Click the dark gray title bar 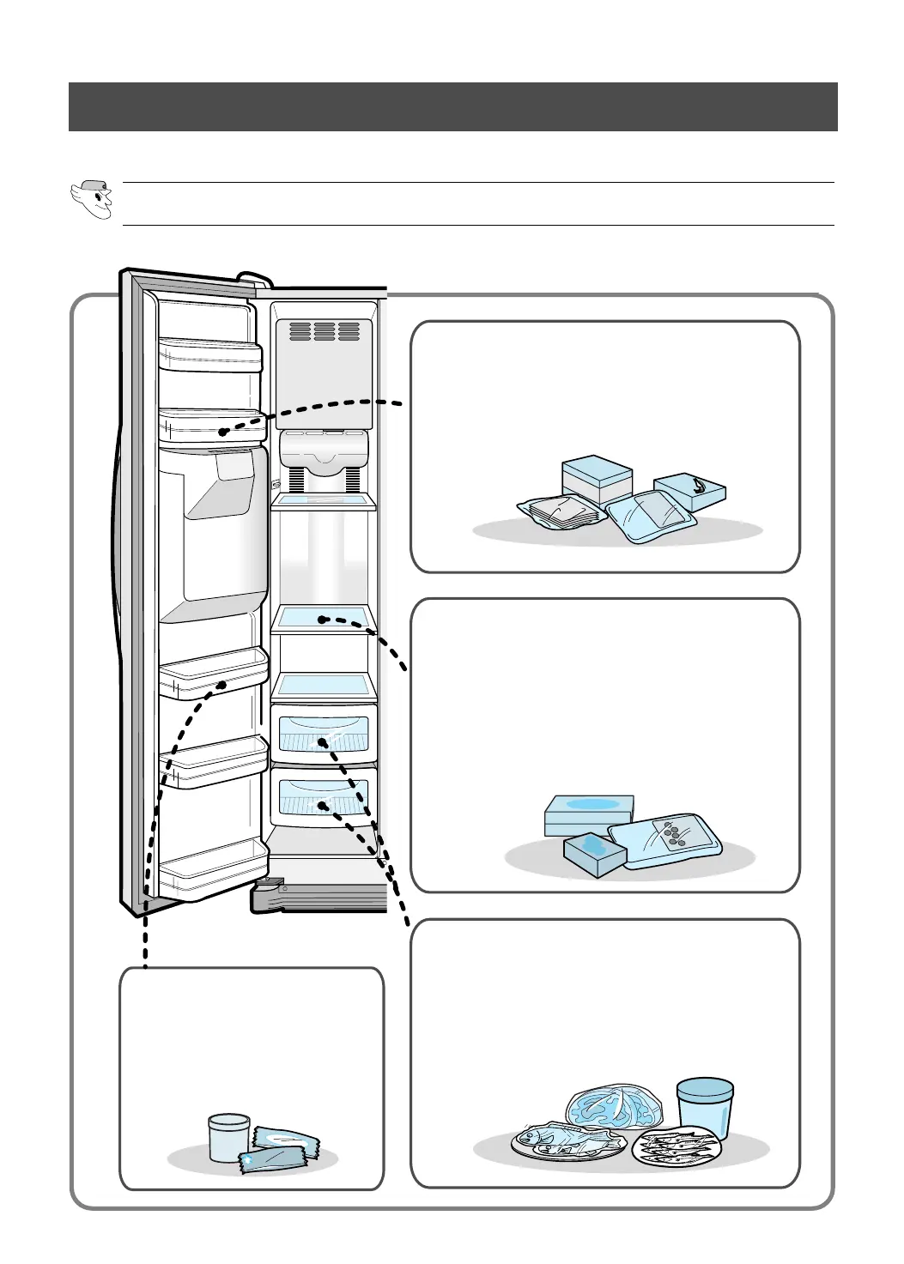(452, 106)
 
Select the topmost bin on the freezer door (209, 354)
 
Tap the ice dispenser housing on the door (215, 528)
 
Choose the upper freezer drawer (324, 732)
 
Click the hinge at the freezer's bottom (267, 896)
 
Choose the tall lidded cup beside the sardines (705, 1108)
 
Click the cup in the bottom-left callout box (229, 1137)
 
